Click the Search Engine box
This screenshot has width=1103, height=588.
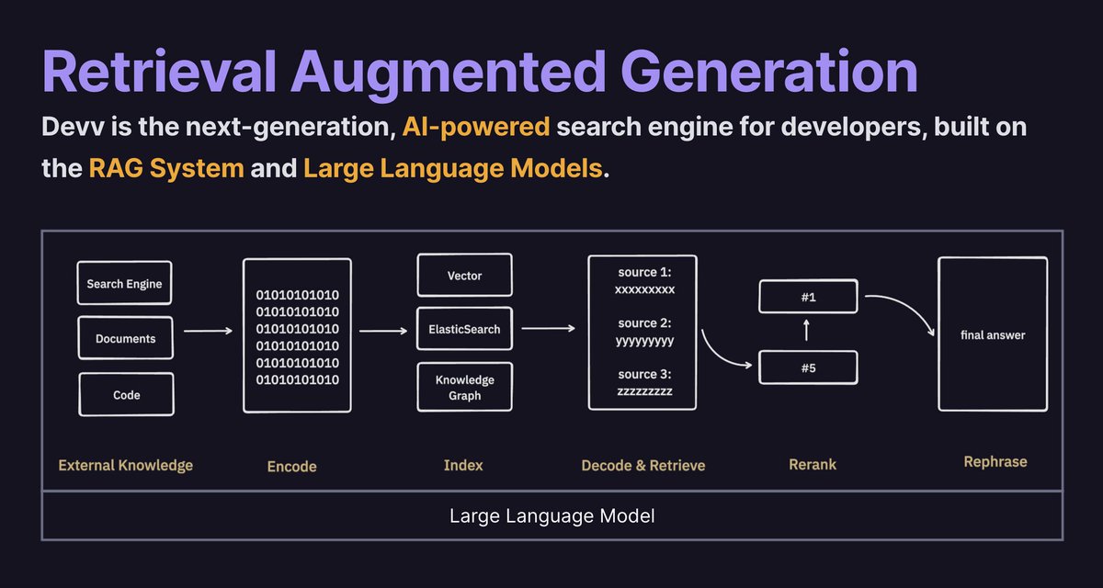pyautogui.click(x=124, y=284)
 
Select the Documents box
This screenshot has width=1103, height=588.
pyautogui.click(x=125, y=338)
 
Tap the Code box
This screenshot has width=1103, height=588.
pyautogui.click(x=126, y=394)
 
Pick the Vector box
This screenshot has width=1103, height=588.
pyautogui.click(x=464, y=276)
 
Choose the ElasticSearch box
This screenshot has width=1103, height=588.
pyautogui.click(x=464, y=329)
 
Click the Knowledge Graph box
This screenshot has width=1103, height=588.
pyautogui.click(x=464, y=388)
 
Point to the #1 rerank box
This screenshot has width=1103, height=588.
pyautogui.click(x=808, y=298)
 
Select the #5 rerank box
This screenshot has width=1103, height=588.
pyautogui.click(x=808, y=367)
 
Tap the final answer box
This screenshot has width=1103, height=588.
pyautogui.click(x=993, y=334)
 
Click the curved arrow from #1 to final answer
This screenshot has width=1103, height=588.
pyautogui.click(x=901, y=308)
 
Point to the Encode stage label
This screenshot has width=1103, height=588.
pyautogui.click(x=291, y=466)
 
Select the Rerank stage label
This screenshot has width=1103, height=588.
pyautogui.click(x=812, y=465)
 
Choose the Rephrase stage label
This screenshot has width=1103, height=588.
pyautogui.click(x=995, y=461)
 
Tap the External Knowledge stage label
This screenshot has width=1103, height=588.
pyautogui.click(x=126, y=465)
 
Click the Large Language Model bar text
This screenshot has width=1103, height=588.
pyautogui.click(x=551, y=515)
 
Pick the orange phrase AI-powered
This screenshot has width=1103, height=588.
pyautogui.click(x=476, y=128)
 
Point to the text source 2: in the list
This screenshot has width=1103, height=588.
pyautogui.click(x=644, y=323)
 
